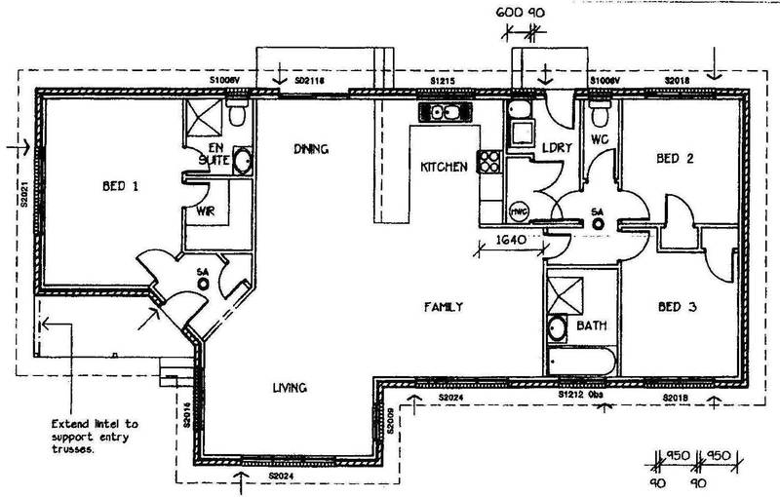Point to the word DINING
pyautogui.click(x=313, y=150)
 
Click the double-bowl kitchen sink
pyautogui.click(x=444, y=112)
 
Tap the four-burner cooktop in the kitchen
pyautogui.click(x=488, y=164)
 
